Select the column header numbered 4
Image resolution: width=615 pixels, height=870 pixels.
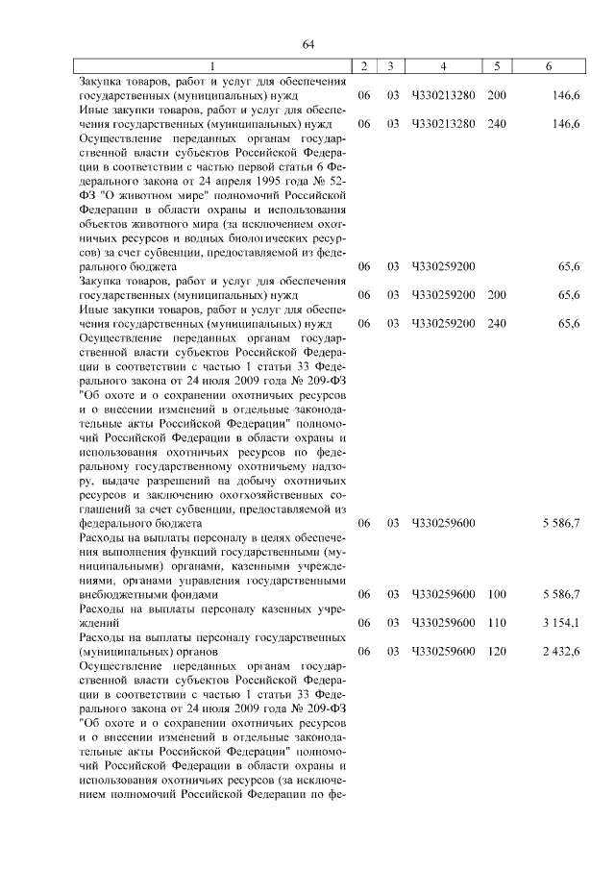pos(443,65)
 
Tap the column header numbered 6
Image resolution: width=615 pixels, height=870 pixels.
pos(548,65)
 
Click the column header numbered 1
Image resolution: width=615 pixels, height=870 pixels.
pos(214,65)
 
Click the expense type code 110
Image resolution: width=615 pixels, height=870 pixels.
pos(496,623)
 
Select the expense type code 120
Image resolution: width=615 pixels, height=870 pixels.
pos(496,652)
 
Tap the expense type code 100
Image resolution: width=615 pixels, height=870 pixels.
pos(496,594)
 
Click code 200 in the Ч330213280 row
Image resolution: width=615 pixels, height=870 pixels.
pos(496,96)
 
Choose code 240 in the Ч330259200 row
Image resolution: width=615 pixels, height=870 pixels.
pos(496,323)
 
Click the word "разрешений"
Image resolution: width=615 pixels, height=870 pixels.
pos(173,480)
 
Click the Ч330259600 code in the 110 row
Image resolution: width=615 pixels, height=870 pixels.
pos(443,623)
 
